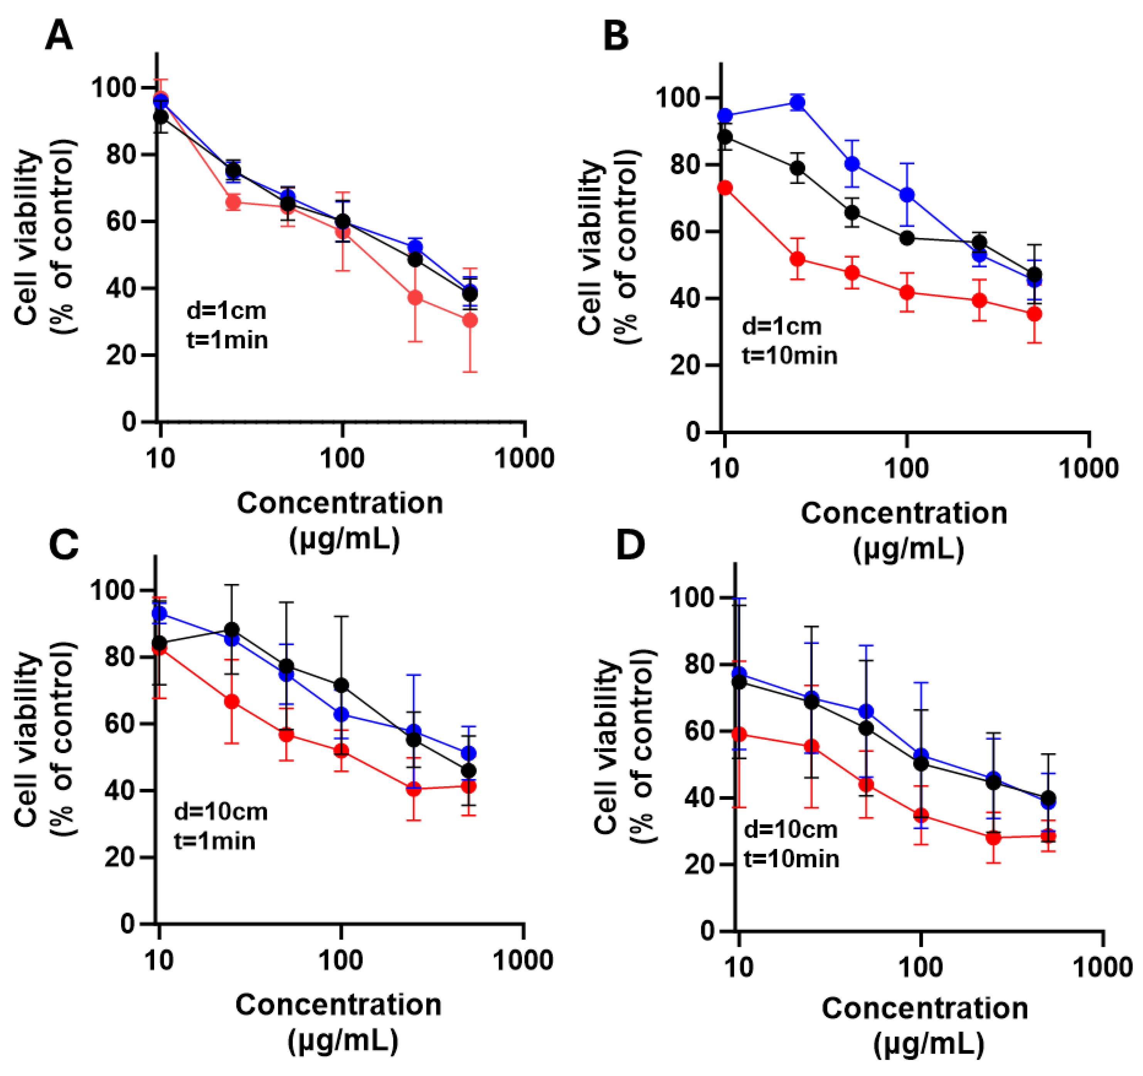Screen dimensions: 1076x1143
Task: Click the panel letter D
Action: click(630, 544)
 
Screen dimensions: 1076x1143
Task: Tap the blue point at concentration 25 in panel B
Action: click(798, 103)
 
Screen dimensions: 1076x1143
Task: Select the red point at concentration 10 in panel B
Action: click(726, 188)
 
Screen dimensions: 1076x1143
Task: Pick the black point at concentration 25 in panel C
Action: click(232, 629)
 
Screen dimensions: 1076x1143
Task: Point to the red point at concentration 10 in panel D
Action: click(739, 734)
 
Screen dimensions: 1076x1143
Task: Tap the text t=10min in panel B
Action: click(789, 356)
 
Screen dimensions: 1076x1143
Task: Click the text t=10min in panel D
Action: click(791, 859)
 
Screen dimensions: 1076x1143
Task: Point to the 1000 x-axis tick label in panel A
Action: click(524, 458)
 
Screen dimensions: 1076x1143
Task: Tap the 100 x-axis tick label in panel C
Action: click(340, 960)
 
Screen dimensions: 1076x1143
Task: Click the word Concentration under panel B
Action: click(904, 513)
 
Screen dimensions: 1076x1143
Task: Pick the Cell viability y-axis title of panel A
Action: click(27, 237)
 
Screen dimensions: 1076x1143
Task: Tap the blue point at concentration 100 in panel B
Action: click(907, 195)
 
